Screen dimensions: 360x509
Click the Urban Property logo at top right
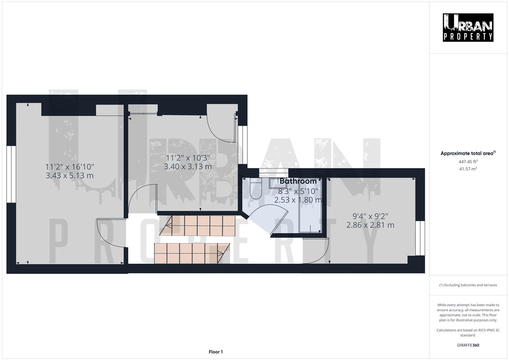[468, 27]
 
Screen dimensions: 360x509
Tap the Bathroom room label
[298, 181]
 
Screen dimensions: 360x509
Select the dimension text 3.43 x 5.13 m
[69, 175]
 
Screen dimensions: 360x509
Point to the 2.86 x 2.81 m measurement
[370, 225]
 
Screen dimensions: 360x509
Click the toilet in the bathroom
[256, 190]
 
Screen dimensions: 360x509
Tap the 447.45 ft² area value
[468, 162]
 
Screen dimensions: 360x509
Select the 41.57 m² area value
[468, 169]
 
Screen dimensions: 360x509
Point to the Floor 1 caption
[216, 352]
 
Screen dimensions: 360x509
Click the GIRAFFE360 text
[468, 345]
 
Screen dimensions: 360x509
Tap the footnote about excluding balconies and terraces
[468, 285]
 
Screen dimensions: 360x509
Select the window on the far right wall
[420, 238]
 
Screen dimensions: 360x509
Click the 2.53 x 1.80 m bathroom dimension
[298, 200]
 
